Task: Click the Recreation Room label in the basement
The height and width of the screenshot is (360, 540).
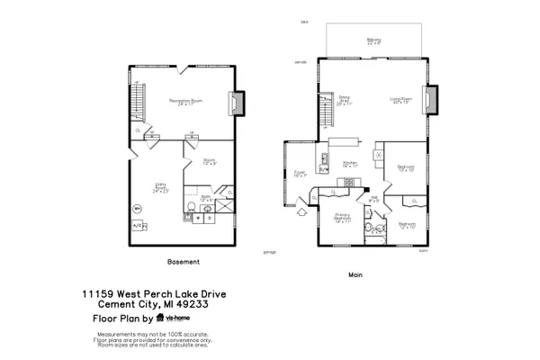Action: pyautogui.click(x=185, y=103)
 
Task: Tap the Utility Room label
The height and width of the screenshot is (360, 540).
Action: pyautogui.click(x=161, y=190)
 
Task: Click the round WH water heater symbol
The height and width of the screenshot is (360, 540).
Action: pyautogui.click(x=138, y=209)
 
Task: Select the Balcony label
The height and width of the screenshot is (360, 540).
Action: pyautogui.click(x=373, y=40)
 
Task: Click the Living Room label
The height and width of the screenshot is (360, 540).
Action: pyautogui.click(x=400, y=101)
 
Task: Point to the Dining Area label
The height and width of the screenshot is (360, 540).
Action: pyautogui.click(x=344, y=101)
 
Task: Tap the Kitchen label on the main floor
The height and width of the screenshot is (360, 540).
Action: pyautogui.click(x=349, y=165)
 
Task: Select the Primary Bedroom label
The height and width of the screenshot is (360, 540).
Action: pyautogui.click(x=343, y=218)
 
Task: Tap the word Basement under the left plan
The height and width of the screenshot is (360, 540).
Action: pyautogui.click(x=184, y=262)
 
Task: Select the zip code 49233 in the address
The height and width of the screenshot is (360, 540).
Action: pyautogui.click(x=208, y=304)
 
